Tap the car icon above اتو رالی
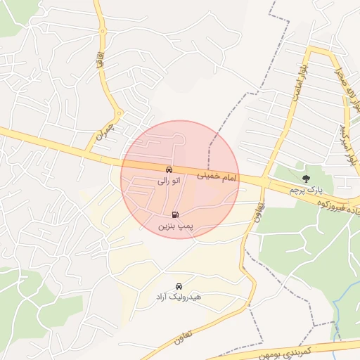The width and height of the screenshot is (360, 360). point(169,170)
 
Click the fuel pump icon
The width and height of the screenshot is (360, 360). point(174,215)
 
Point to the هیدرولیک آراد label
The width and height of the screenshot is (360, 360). point(179,297)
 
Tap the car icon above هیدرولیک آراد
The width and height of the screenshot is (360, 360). point(179,286)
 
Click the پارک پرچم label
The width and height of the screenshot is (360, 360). point(305,189)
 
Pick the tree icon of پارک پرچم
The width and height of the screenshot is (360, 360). point(305,177)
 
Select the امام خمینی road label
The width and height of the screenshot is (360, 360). point(219,175)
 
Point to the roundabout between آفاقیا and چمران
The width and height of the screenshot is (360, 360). point(120,112)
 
